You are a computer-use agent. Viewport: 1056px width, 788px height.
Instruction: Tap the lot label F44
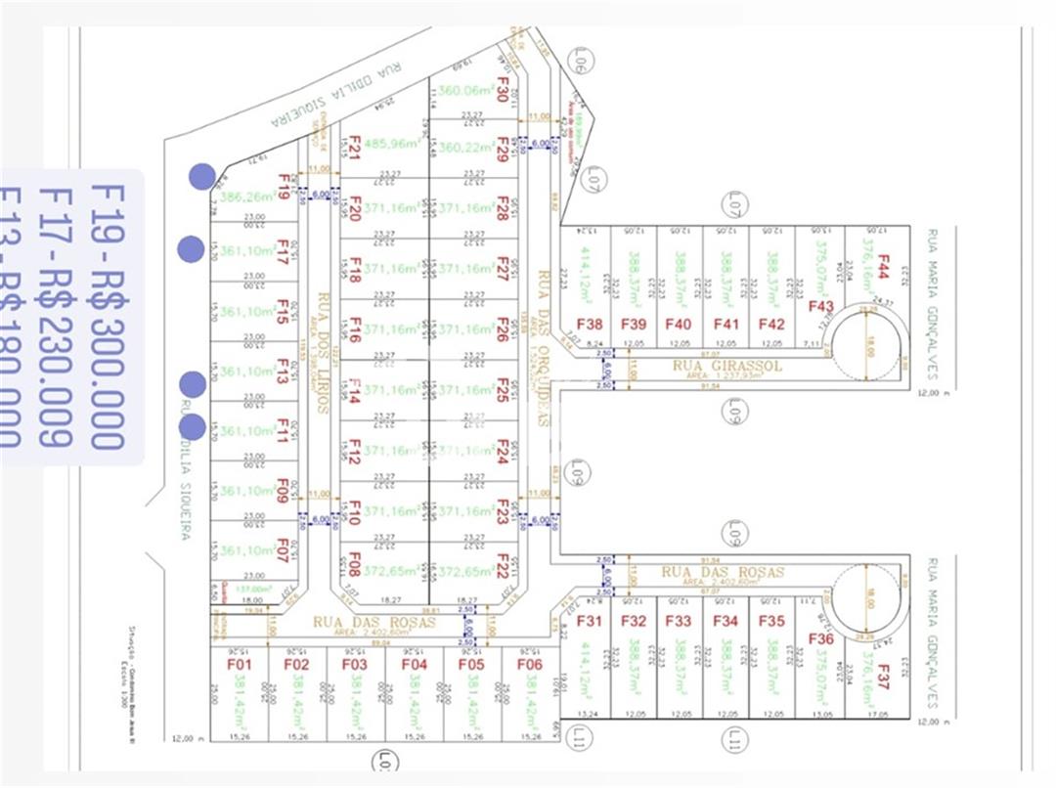883,267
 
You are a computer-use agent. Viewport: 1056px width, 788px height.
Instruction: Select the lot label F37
883,678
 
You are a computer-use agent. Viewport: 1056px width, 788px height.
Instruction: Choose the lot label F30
503,89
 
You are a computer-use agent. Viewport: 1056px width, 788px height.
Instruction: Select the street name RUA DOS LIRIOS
321,349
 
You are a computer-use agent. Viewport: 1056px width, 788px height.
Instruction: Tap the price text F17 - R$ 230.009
55,314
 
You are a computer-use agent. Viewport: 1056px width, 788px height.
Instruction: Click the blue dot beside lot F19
202,176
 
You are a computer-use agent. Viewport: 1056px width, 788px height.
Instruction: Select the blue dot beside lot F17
191,249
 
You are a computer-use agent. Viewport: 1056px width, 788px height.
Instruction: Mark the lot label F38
589,325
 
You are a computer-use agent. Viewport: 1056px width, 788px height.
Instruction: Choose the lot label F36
820,638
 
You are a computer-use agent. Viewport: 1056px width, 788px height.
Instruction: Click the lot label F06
529,664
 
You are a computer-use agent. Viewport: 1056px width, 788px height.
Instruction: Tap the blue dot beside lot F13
193,384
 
